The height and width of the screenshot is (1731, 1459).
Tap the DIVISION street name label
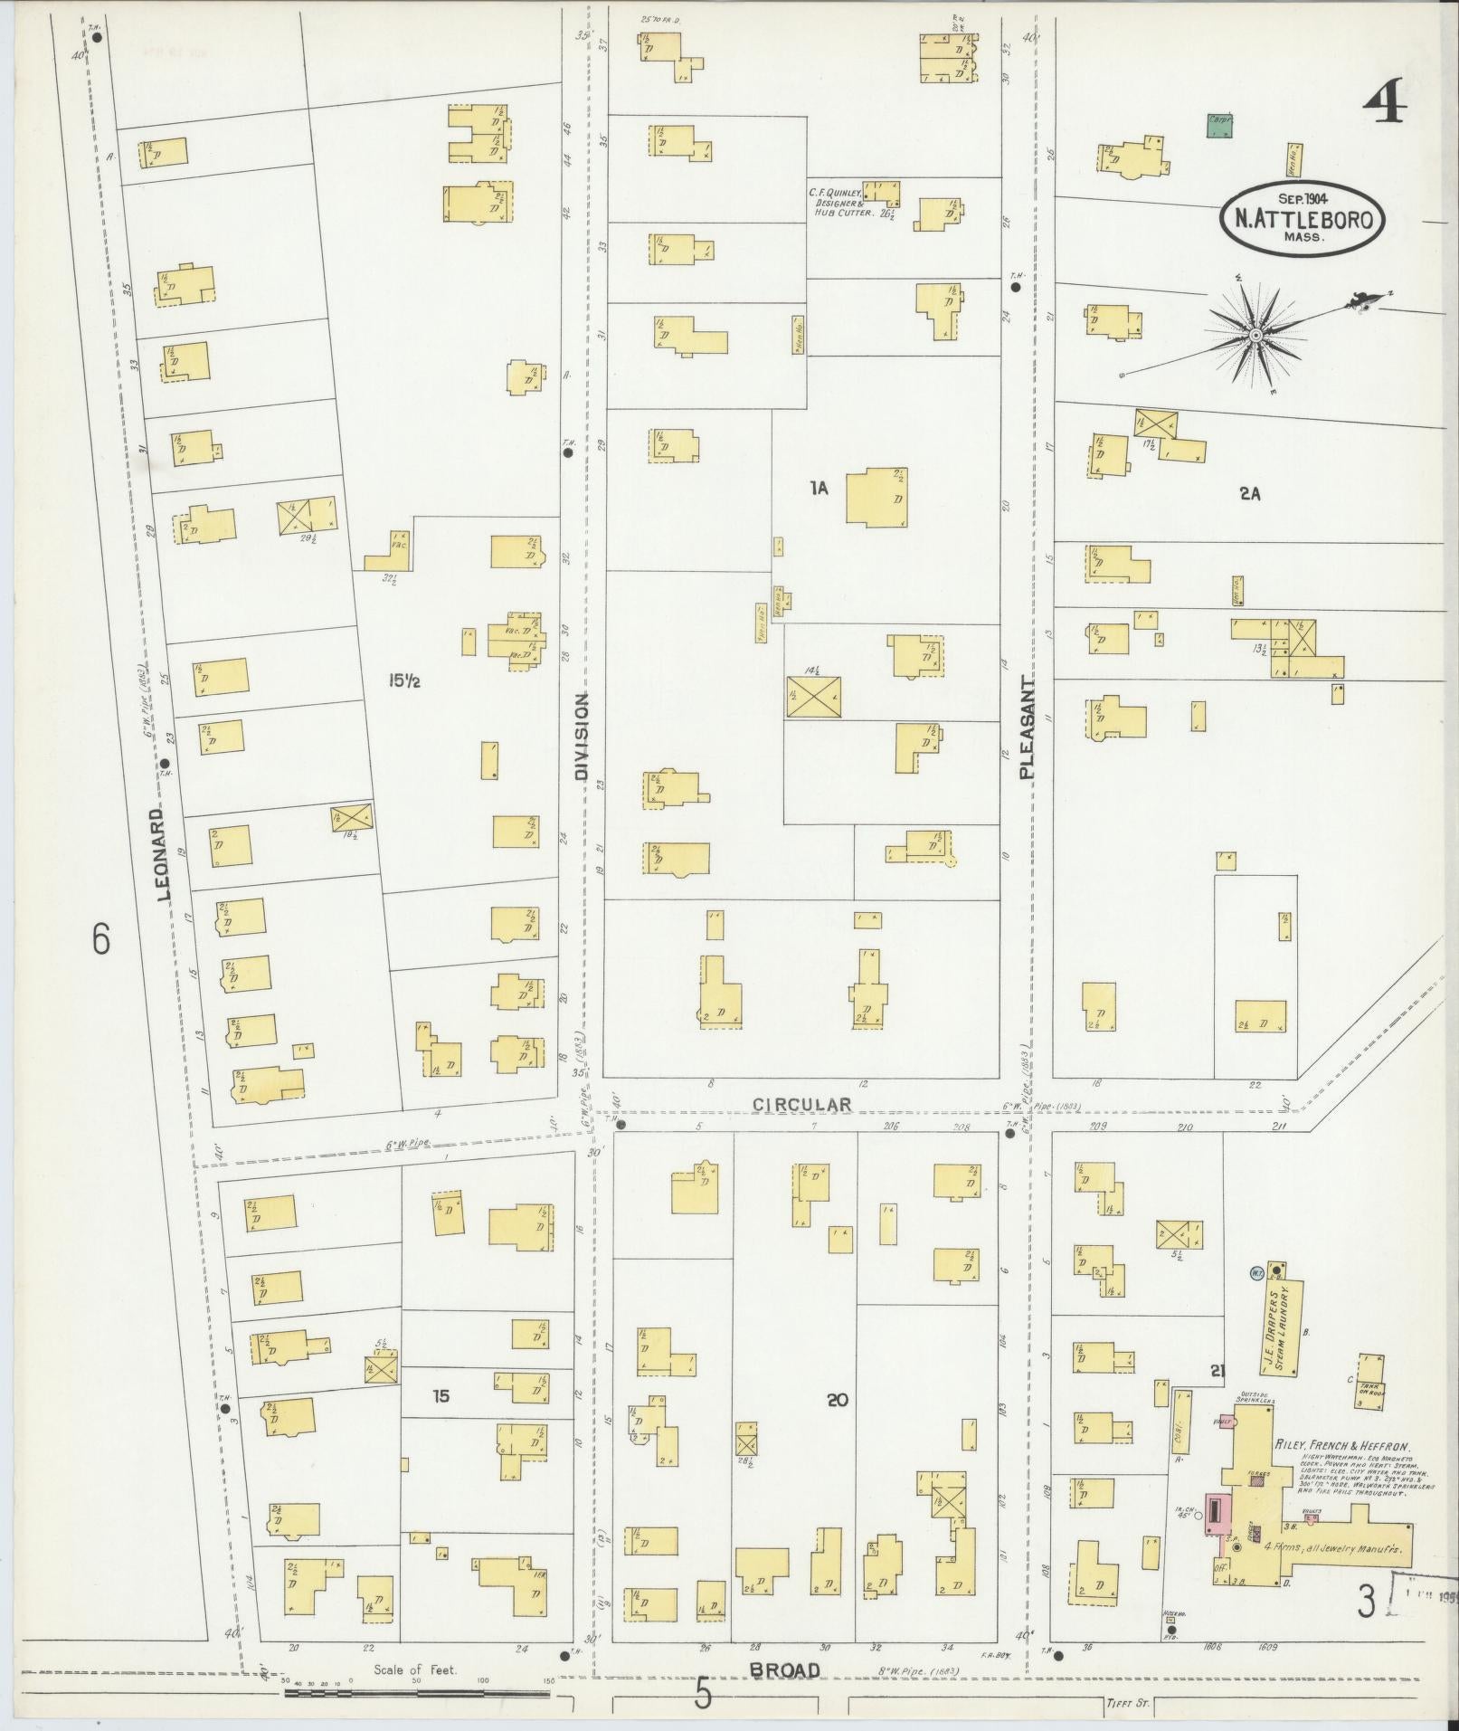pos(582,737)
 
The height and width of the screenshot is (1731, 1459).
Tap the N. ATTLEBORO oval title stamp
pos(1303,218)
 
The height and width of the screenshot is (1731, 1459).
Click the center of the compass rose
pos(1255,336)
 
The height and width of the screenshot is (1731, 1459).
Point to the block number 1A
pos(819,490)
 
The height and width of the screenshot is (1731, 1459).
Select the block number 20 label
pos(838,1425)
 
